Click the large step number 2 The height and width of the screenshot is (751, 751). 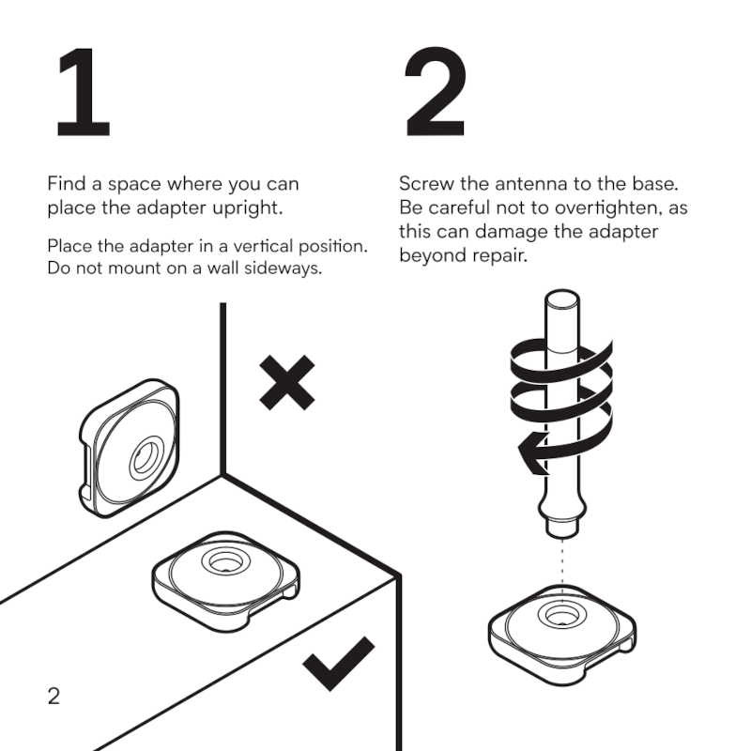tap(436, 94)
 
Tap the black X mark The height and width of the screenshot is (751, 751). tap(286, 383)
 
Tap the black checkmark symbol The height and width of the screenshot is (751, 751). tap(339, 665)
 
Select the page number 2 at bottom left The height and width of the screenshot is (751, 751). tap(54, 696)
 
